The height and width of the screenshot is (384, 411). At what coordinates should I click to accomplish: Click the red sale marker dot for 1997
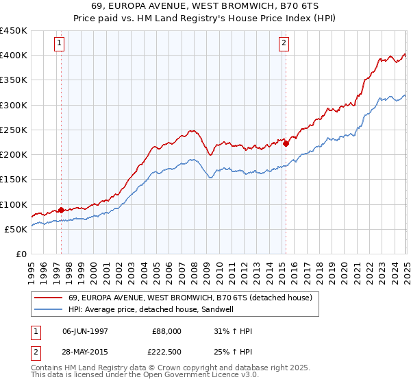click(61, 210)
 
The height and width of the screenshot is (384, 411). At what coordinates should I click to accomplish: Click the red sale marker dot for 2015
click(286, 144)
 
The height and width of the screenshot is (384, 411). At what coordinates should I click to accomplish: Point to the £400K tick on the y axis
click(14, 56)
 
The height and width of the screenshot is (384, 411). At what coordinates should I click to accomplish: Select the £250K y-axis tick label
click(14, 130)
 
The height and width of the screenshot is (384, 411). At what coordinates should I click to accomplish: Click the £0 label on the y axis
click(21, 254)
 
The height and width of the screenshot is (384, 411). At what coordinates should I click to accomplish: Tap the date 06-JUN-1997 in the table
click(85, 331)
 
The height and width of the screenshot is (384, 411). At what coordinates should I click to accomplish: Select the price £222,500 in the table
click(166, 353)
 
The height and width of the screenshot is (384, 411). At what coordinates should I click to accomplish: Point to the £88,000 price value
click(166, 331)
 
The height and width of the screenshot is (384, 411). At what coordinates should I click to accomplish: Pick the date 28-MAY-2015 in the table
click(85, 353)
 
